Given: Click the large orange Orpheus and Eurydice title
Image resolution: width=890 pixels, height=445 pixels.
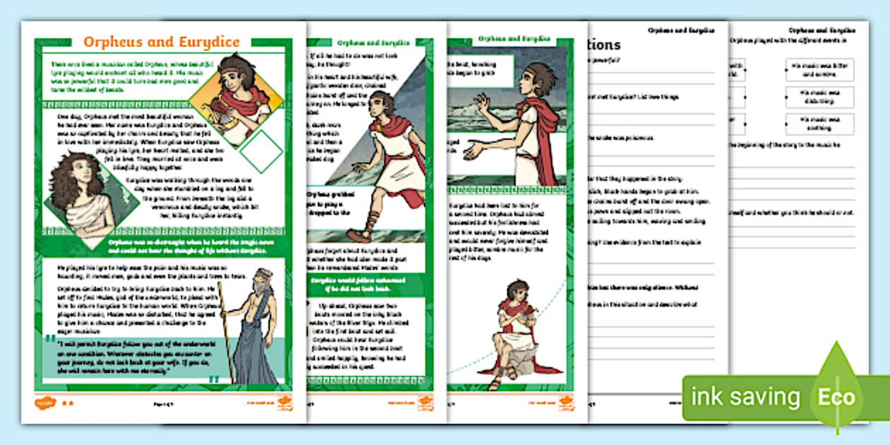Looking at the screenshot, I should tap(162, 42).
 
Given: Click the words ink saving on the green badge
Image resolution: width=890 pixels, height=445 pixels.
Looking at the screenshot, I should tap(745, 397).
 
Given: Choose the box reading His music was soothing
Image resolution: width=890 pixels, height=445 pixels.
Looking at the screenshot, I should tap(819, 124).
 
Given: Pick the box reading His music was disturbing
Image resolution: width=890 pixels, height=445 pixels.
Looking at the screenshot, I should tap(819, 97).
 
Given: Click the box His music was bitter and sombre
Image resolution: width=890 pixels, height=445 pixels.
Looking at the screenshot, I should tap(819, 70).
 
